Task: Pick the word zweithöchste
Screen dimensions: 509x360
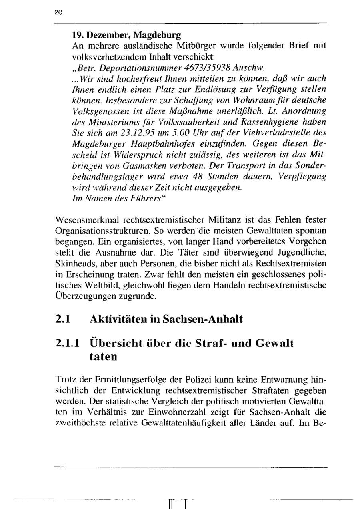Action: click(80, 423)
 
